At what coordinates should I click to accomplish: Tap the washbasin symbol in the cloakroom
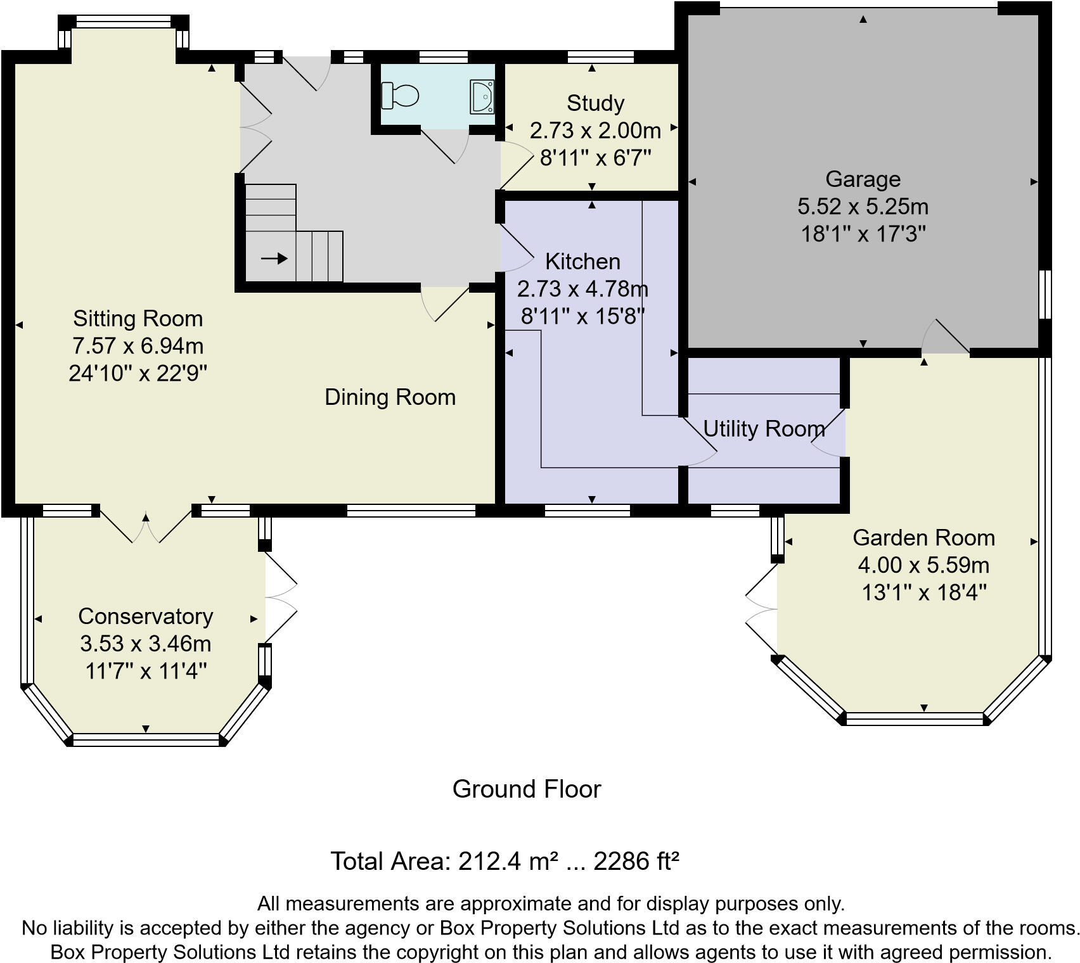(x=482, y=96)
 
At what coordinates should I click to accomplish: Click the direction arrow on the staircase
(x=274, y=258)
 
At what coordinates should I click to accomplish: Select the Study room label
(x=595, y=103)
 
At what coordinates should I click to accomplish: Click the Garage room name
(x=863, y=179)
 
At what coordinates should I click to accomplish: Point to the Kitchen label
(x=582, y=261)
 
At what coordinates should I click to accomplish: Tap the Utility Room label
(x=764, y=429)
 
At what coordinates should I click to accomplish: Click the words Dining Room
(x=390, y=397)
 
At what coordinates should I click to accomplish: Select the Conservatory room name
(x=145, y=616)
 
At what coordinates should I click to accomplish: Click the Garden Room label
(x=923, y=537)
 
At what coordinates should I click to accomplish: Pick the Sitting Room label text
(x=138, y=318)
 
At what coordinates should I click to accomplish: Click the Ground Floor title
(x=526, y=789)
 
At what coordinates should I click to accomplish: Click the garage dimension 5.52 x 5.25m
(x=863, y=207)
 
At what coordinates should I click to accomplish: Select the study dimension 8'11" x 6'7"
(x=595, y=157)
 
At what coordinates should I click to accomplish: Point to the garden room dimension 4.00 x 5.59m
(x=923, y=564)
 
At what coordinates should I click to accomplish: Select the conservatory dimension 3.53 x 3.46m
(x=145, y=643)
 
